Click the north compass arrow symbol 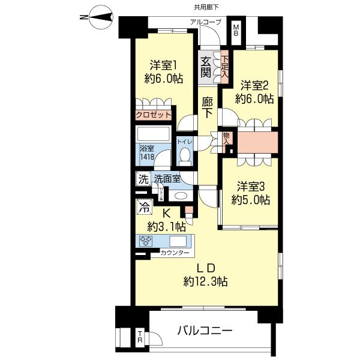pos(95,17)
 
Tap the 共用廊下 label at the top pos(190,7)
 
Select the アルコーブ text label pos(206,22)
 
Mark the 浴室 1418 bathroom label pos(146,152)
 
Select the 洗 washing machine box pos(143,178)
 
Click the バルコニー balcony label pos(205,331)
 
